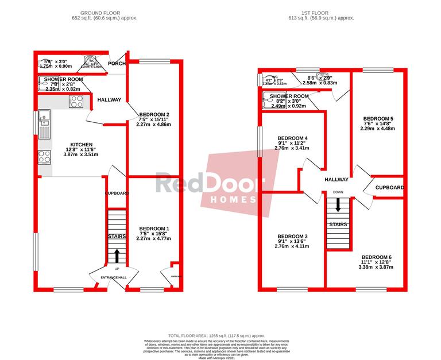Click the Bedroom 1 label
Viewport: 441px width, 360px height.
(153, 229)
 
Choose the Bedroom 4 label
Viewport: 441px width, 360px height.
(292, 138)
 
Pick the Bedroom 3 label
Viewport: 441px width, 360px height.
(292, 237)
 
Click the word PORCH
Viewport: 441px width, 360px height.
(117, 64)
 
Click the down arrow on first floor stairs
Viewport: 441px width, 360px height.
(338, 205)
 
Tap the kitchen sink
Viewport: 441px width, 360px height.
(45, 121)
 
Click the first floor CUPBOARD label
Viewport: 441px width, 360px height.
(390, 188)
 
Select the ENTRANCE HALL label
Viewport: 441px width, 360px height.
(113, 278)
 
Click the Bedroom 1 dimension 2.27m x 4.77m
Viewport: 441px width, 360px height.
(153, 239)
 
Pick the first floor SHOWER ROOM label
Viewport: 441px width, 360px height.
(289, 96)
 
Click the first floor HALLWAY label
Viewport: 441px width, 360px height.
(336, 180)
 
